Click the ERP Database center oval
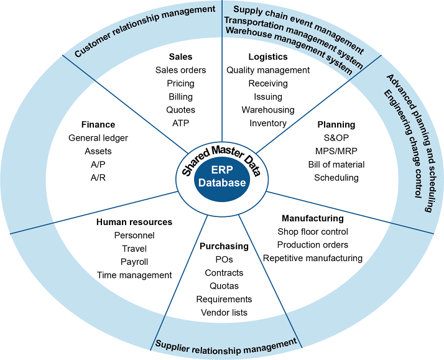pyautogui.click(x=222, y=177)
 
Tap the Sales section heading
pyautogui.click(x=181, y=57)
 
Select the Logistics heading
pyautogui.click(x=267, y=57)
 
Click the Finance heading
pyautogui.click(x=98, y=124)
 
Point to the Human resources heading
pyautogui.click(x=134, y=222)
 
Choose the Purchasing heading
pyautogui.click(x=224, y=246)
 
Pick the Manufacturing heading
pyautogui.click(x=312, y=218)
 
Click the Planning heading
pyautogui.click(x=336, y=124)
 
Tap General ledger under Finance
pyautogui.click(x=98, y=137)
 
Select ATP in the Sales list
pyautogui.click(x=181, y=124)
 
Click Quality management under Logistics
pyautogui.click(x=267, y=70)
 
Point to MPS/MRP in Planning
pyautogui.click(x=336, y=151)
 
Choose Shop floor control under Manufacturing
pyautogui.click(x=312, y=232)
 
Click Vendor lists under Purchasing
pyautogui.click(x=224, y=312)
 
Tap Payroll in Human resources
pyautogui.click(x=134, y=262)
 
